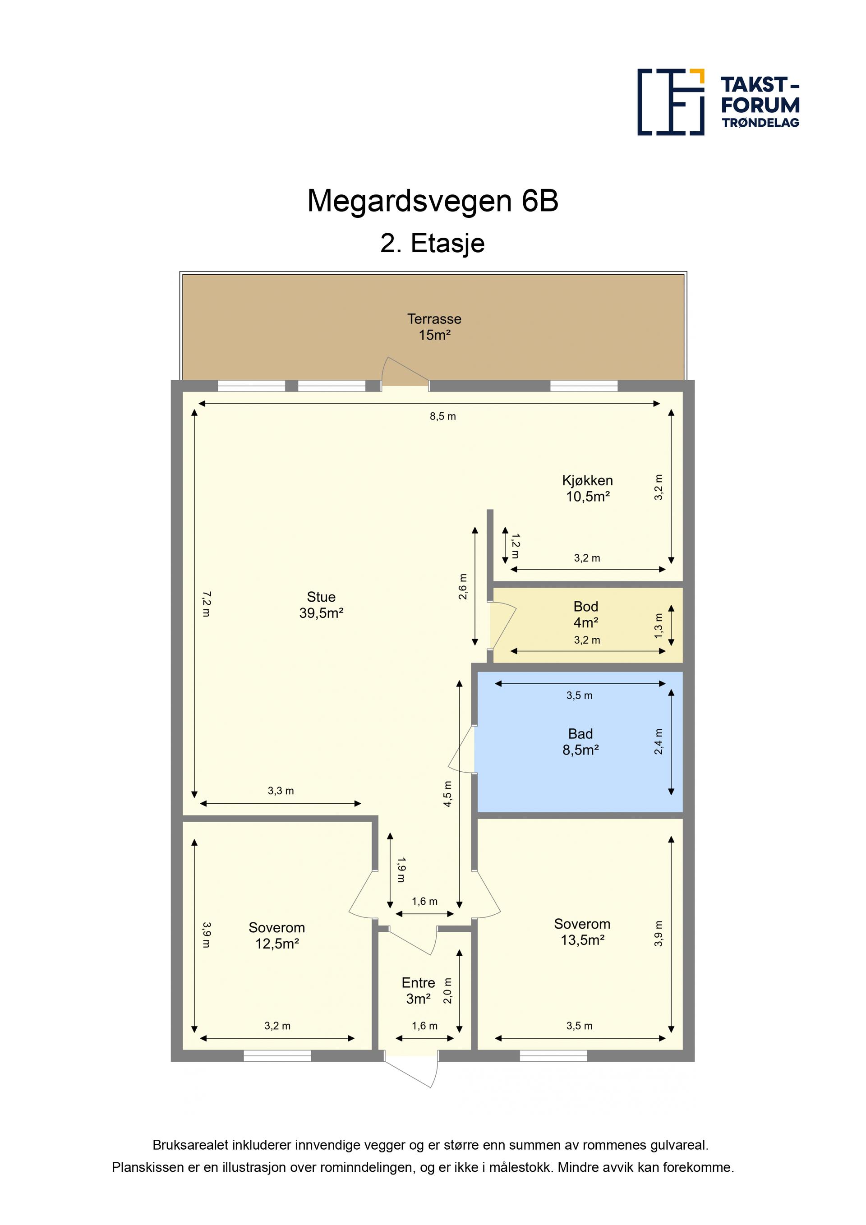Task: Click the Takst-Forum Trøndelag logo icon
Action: pos(671,102)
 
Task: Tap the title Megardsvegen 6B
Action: pos(433,201)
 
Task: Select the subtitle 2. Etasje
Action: pos(433,243)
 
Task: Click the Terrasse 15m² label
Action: pos(434,327)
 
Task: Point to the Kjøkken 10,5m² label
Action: pos(587,488)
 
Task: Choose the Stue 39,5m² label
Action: pos(321,605)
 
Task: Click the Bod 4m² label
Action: pos(586,615)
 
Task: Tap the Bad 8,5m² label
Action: pos(580,742)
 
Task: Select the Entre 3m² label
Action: pos(418,991)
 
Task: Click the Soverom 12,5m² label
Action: pos(277,936)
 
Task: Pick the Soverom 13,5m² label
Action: pos(582,932)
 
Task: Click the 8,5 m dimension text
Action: pos(443,417)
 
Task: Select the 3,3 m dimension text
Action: pos(281,791)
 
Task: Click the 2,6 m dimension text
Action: pos(463,587)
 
